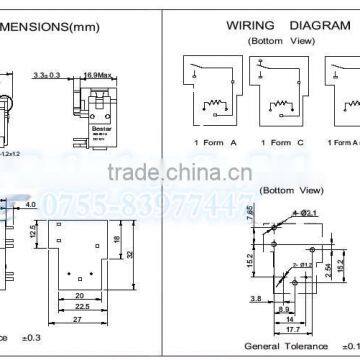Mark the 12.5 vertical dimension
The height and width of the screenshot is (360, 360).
tap(36, 232)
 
